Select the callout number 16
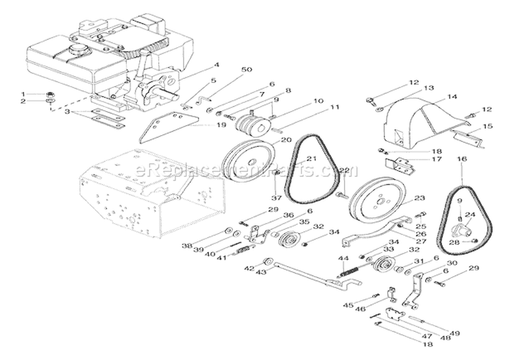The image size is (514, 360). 461,159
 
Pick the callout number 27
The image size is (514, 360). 421,241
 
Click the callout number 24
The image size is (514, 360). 469,214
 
